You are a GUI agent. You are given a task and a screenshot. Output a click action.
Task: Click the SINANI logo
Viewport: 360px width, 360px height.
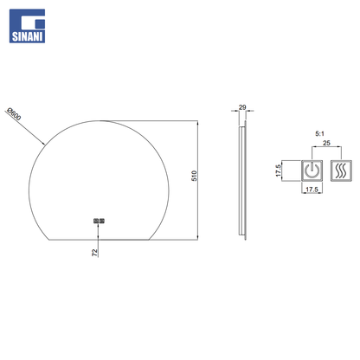27,26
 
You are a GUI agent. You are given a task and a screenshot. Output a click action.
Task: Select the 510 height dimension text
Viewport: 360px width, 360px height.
194,176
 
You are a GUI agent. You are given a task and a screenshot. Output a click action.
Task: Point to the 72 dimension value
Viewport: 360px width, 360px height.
94,253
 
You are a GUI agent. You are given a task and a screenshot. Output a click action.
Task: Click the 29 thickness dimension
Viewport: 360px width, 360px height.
242,107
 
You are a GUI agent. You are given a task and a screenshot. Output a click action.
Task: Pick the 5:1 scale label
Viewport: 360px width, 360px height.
319,133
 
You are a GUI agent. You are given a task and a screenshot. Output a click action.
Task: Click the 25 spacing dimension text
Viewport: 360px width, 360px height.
326,143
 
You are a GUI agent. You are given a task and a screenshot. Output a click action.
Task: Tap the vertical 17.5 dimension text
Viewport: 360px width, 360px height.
279,170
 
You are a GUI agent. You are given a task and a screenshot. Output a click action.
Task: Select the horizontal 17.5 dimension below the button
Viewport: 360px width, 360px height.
312,190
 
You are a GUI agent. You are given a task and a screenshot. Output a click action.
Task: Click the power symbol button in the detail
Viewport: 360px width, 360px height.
312,170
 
